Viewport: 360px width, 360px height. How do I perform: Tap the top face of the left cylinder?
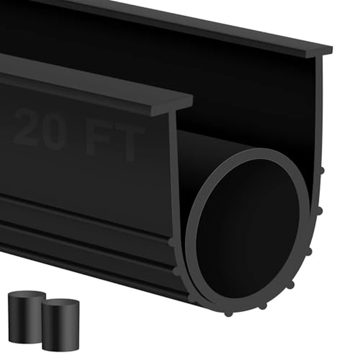pos(27,296)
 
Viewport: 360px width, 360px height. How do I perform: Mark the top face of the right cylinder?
pos(61,303)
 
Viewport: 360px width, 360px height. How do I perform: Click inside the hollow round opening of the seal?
pos(247,226)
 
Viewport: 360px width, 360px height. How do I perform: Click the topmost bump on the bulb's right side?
pos(321,170)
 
